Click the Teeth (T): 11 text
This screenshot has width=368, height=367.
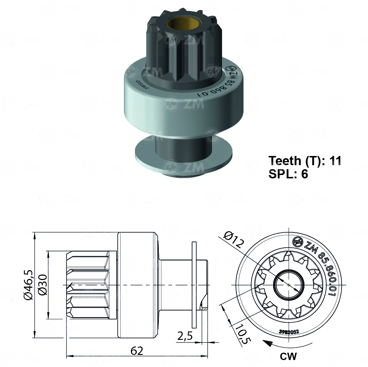point(305,161)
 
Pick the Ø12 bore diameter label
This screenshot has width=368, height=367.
point(233,240)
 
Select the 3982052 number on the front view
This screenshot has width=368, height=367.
point(289,331)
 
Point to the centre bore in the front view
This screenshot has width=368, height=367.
point(289,285)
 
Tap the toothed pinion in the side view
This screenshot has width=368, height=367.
point(87,285)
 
